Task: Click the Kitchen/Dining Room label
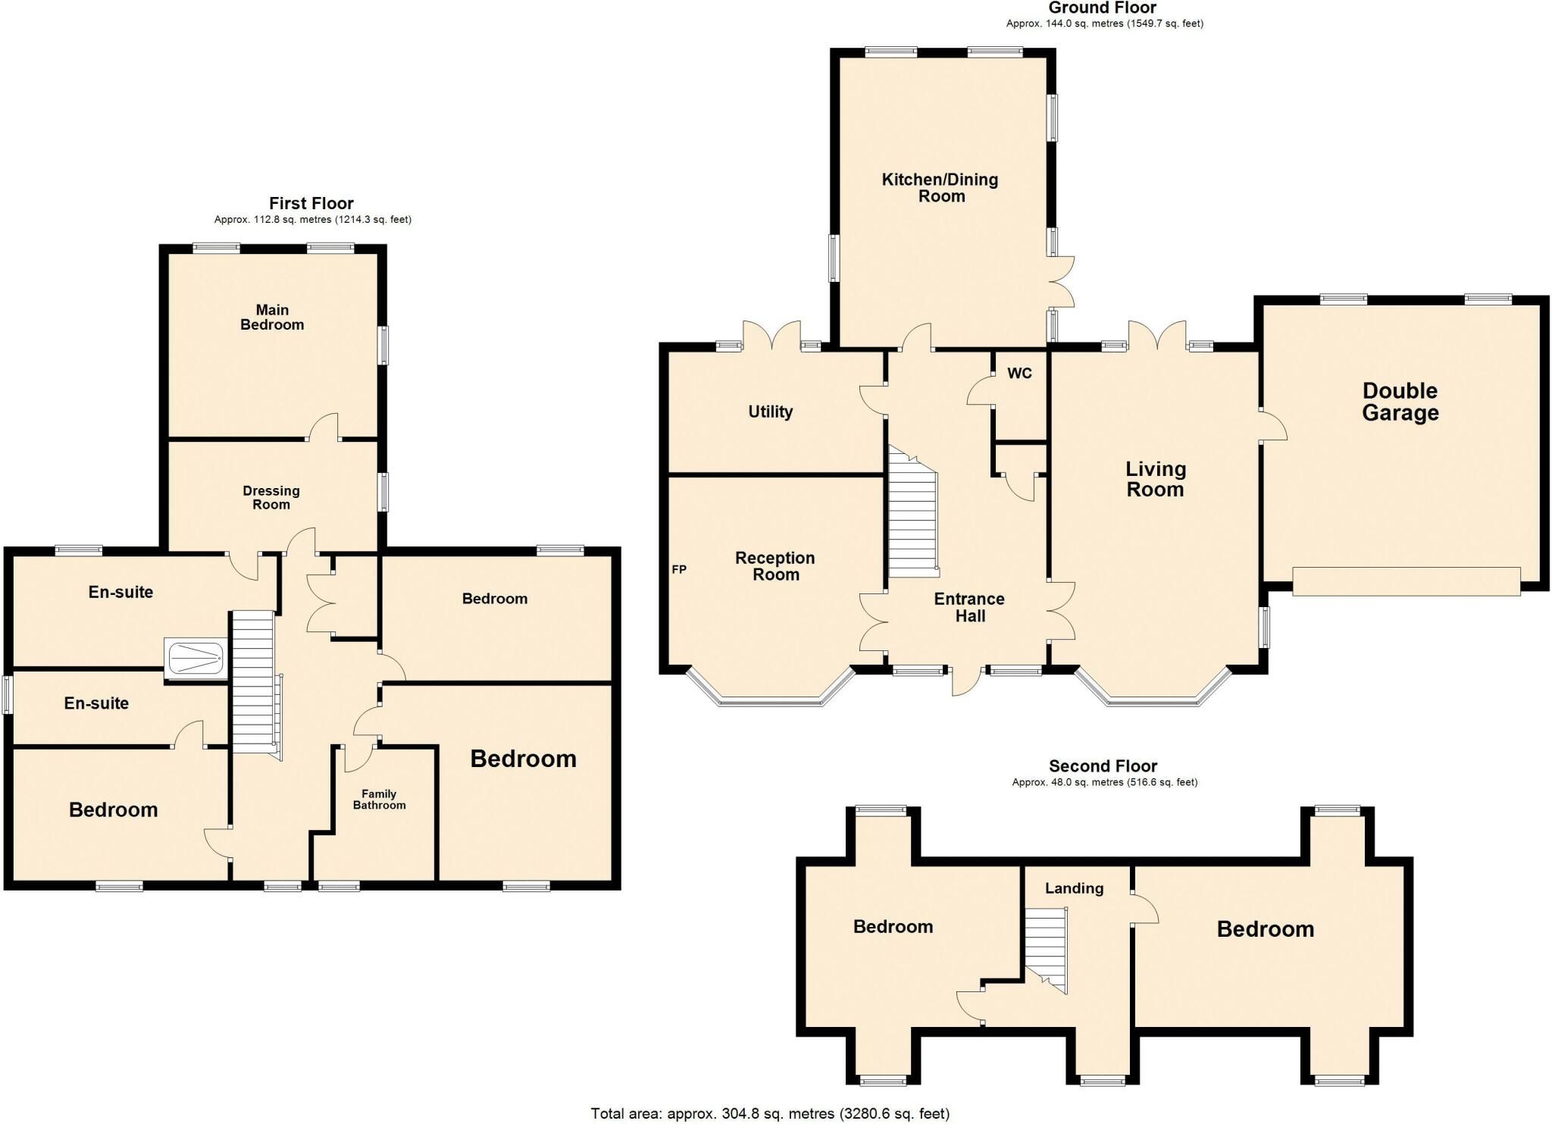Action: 940,187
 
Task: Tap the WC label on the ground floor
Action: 1019,373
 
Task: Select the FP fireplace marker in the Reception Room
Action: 679,569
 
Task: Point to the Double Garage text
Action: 1400,402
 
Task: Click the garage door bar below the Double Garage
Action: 1406,581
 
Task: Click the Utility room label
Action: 770,412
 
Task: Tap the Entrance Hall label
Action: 969,607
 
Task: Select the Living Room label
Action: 1155,479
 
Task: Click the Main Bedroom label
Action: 272,317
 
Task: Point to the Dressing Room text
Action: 271,497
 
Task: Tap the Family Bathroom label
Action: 379,799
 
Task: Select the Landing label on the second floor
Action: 1074,888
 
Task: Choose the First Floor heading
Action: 311,203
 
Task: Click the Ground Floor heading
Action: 1102,8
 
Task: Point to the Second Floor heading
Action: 1103,766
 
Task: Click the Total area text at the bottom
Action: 769,1113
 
